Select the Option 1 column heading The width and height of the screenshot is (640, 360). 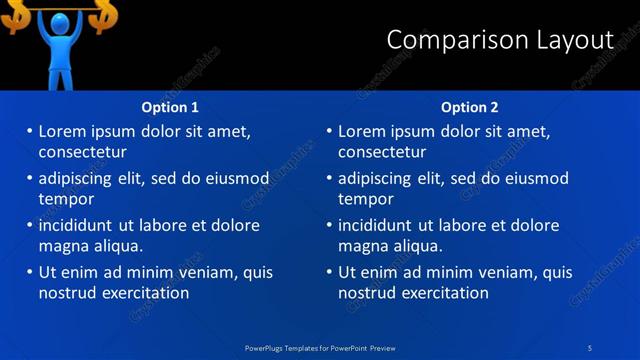click(x=170, y=107)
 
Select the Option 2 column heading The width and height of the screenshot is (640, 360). click(x=469, y=107)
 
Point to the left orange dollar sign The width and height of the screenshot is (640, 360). click(x=16, y=15)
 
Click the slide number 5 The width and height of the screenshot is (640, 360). click(x=591, y=347)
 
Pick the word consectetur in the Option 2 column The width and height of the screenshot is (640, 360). click(x=382, y=153)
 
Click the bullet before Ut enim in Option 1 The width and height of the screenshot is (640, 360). click(x=28, y=272)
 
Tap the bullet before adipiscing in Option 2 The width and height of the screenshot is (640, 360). click(x=328, y=178)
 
